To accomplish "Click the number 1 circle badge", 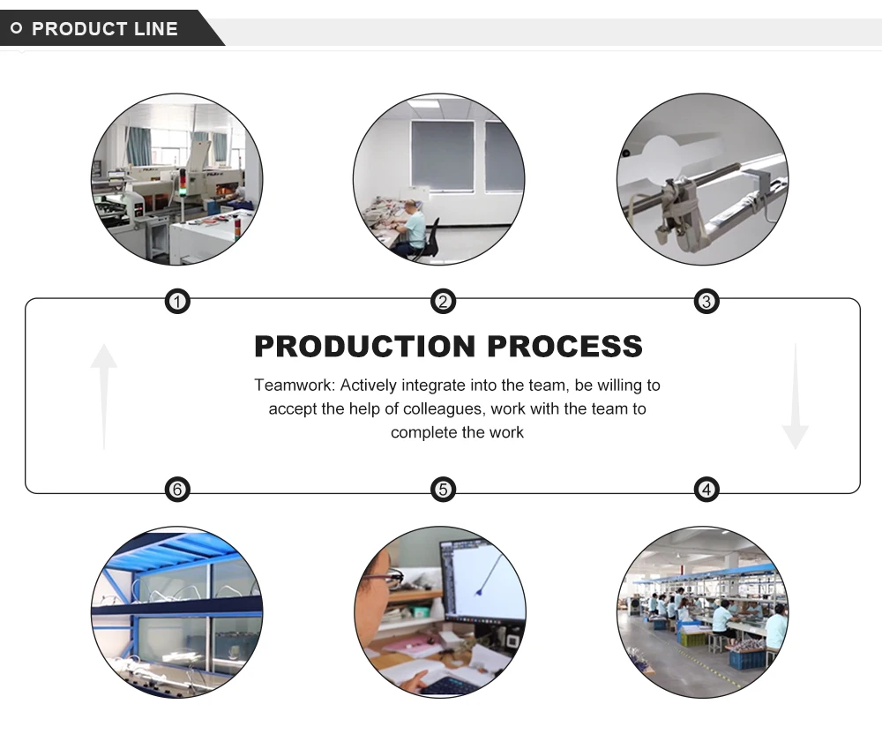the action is pos(178,303).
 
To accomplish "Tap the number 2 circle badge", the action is pos(443,303).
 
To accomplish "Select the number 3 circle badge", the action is pos(706,303).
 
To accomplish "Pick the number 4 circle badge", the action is pos(706,489).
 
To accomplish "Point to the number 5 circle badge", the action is pos(443,489).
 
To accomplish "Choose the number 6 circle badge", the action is pos(178,489).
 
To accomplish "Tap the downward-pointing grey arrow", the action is pos(795,397).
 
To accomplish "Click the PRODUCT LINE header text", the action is pos(105,29).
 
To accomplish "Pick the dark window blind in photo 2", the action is pos(442,156).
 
